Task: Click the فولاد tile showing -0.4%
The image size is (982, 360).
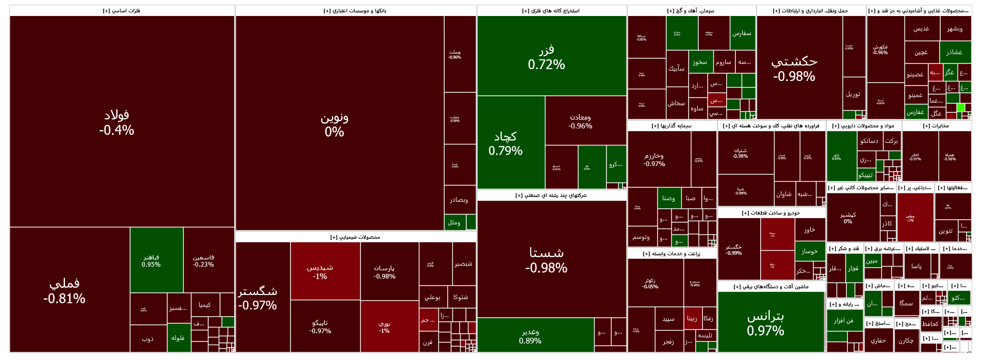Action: point(117,122)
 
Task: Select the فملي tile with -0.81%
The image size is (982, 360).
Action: point(64,290)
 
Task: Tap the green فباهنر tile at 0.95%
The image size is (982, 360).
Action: point(151,260)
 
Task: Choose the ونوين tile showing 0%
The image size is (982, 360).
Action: point(334,124)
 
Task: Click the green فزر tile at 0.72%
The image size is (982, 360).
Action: point(547,57)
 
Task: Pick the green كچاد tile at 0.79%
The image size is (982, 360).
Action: point(505,143)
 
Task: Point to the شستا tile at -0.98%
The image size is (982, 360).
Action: point(547,259)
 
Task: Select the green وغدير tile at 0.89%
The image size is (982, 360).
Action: point(530,336)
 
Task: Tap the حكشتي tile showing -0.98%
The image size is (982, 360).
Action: point(794,68)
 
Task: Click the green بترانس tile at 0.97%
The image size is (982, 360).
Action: point(765,323)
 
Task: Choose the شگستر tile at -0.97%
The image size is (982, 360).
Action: point(258,298)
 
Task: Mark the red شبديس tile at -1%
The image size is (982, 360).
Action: point(320,272)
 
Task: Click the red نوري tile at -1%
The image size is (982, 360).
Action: point(384,327)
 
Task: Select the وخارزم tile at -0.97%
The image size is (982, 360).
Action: point(654,159)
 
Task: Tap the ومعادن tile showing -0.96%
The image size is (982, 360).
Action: point(580,121)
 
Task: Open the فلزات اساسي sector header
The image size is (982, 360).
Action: point(122,11)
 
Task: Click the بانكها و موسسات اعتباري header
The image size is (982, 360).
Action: point(355,11)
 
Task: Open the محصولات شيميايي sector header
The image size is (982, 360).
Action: point(355,237)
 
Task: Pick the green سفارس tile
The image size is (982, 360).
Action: point(742,34)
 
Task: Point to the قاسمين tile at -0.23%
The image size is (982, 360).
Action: point(203,260)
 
